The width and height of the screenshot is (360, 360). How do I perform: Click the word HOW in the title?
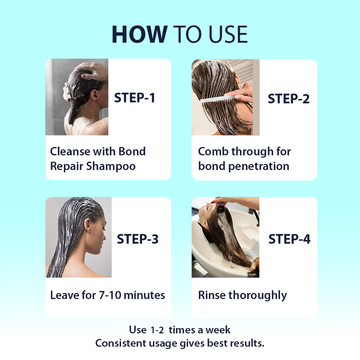click(139, 34)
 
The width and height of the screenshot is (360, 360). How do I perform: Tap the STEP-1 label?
click(135, 98)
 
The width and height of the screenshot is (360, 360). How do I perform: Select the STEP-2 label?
click(289, 99)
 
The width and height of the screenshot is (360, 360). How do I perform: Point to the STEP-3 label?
click(138, 239)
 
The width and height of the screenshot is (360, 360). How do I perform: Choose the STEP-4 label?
click(289, 239)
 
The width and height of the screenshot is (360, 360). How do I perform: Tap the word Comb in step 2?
click(213, 152)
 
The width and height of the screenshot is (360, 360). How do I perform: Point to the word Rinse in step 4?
click(211, 295)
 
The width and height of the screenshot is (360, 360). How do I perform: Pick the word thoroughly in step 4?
click(258, 296)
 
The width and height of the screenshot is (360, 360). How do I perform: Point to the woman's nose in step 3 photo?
click(106, 234)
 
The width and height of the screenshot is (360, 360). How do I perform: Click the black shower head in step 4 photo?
click(221, 208)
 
